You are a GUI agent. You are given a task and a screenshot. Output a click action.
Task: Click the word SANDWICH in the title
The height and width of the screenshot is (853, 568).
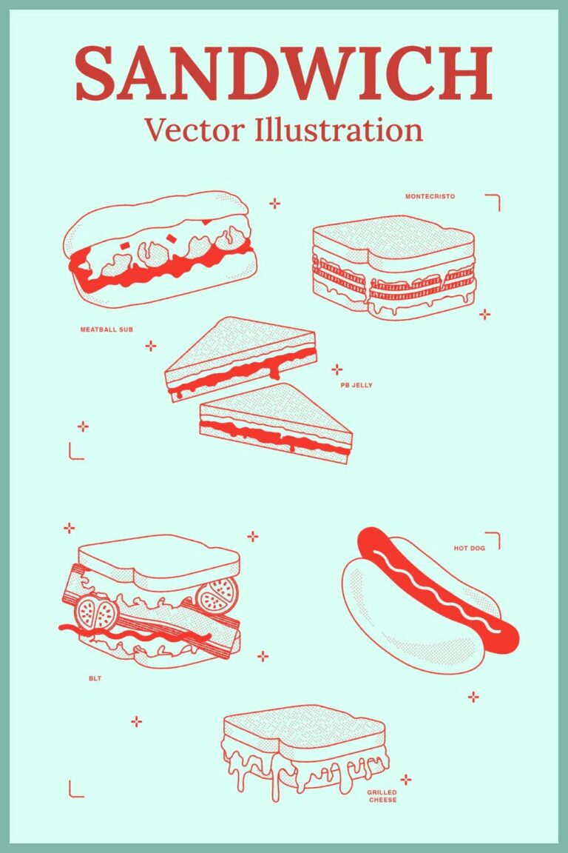pyautogui.click(x=283, y=73)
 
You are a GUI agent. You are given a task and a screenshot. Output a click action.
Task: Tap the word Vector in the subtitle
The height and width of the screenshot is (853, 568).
pyautogui.click(x=193, y=130)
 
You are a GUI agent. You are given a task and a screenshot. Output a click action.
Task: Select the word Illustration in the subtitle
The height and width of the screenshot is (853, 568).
pyautogui.click(x=338, y=130)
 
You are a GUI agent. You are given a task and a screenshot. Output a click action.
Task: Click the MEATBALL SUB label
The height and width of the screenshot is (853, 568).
pyautogui.click(x=106, y=329)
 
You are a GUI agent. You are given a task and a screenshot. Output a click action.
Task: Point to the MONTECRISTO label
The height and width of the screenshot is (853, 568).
pyautogui.click(x=430, y=197)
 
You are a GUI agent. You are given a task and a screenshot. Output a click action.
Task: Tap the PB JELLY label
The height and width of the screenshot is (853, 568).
pyautogui.click(x=356, y=385)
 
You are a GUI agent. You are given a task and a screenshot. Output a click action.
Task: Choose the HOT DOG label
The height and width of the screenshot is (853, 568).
pyautogui.click(x=469, y=549)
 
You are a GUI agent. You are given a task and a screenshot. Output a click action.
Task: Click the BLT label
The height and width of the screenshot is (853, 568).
pyautogui.click(x=94, y=678)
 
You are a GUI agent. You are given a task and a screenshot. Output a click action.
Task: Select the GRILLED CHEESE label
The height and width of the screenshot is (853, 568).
pyautogui.click(x=382, y=796)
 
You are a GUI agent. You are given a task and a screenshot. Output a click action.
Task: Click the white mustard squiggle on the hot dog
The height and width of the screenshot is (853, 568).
pyautogui.click(x=436, y=585)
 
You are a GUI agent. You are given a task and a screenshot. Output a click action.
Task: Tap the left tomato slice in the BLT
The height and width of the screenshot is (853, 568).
pyautogui.click(x=96, y=612)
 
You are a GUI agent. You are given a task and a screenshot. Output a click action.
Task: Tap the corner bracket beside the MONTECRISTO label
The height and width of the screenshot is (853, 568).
pyautogui.click(x=493, y=201)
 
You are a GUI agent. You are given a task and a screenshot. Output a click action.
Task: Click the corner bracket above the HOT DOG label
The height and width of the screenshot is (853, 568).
pyautogui.click(x=493, y=540)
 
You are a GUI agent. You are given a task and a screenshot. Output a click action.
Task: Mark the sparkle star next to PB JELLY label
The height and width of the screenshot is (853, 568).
pyautogui.click(x=337, y=369)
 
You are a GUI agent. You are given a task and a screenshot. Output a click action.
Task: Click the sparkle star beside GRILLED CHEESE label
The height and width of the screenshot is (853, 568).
pyautogui.click(x=405, y=779)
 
